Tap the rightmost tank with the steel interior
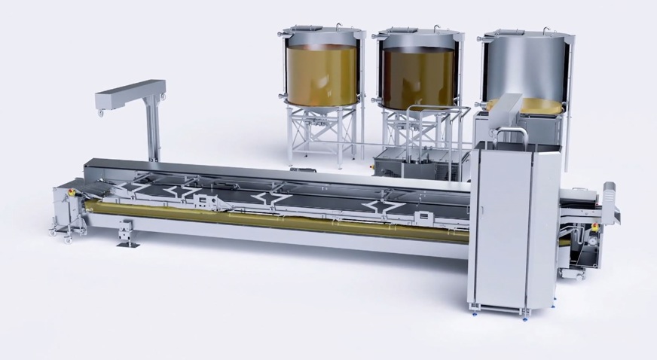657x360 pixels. pos(526,72)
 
